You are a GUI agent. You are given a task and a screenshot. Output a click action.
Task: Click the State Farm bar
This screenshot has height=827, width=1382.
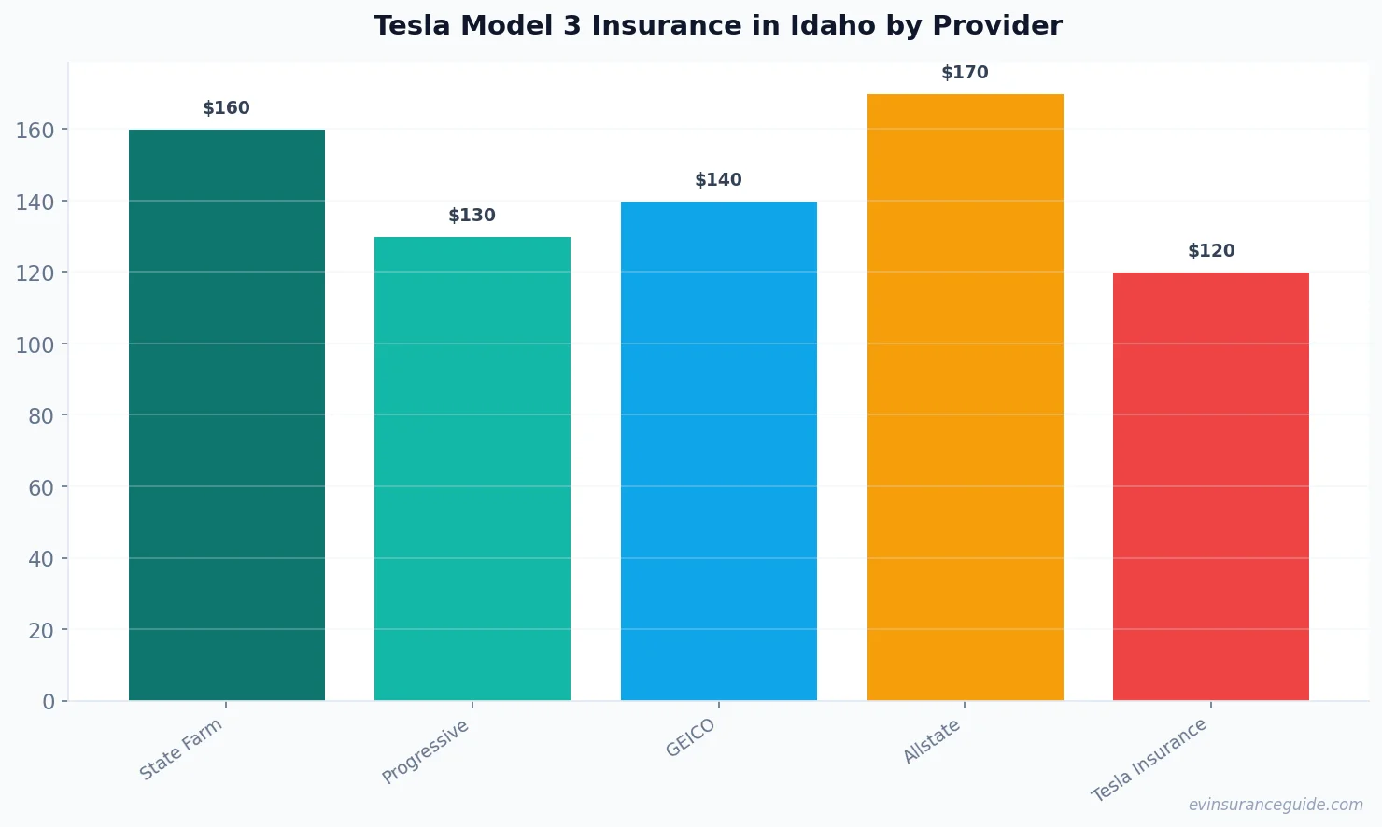pyautogui.click(x=227, y=415)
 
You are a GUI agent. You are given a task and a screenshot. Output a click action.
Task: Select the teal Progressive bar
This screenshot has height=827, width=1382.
pyautogui.click(x=472, y=469)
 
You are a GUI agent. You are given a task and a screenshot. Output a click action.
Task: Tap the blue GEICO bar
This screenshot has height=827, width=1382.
pyautogui.click(x=719, y=451)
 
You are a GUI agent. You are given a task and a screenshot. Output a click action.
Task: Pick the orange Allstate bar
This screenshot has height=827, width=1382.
pyautogui.click(x=965, y=398)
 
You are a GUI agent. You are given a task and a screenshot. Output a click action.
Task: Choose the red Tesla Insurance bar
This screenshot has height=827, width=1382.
pyautogui.click(x=1211, y=486)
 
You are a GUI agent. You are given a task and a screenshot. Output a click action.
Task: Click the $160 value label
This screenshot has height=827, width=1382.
pyautogui.click(x=227, y=108)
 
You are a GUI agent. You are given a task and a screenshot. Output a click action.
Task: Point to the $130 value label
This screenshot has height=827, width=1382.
pyautogui.click(x=472, y=216)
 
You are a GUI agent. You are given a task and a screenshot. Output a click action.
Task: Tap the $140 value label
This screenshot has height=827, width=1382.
pyautogui.click(x=719, y=180)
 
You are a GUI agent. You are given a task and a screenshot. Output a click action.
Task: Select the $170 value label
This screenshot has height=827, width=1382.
pyautogui.click(x=965, y=73)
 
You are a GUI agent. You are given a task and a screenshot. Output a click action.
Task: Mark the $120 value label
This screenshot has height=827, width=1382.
pyautogui.click(x=1211, y=251)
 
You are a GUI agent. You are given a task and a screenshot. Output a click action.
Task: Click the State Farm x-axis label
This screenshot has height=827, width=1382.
pyautogui.click(x=182, y=749)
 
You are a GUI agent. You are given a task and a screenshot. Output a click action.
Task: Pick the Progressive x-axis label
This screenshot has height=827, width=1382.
pyautogui.click(x=426, y=751)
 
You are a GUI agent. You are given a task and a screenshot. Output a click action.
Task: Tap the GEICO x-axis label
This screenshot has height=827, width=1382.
pyautogui.click(x=691, y=737)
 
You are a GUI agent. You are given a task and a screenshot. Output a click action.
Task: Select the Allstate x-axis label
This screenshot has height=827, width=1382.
pyautogui.click(x=932, y=742)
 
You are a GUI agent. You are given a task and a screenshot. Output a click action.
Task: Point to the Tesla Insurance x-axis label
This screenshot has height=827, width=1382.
pyautogui.click(x=1150, y=760)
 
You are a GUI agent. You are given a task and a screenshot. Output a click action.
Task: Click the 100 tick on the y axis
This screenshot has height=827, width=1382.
pyautogui.click(x=35, y=344)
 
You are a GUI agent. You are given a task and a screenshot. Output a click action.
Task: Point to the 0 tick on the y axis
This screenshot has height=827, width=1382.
pyautogui.click(x=49, y=702)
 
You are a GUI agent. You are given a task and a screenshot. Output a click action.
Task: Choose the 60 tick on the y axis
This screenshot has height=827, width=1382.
pyautogui.click(x=41, y=487)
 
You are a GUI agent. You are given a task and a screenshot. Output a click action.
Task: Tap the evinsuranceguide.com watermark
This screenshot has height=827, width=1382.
pyautogui.click(x=1276, y=805)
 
